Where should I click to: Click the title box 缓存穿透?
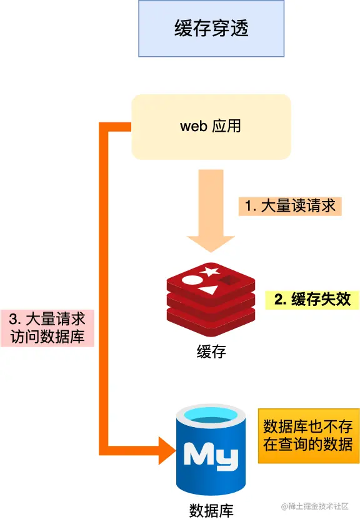pyautogui.click(x=211, y=29)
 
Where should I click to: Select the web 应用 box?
pyautogui.click(x=211, y=127)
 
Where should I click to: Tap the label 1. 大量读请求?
pyautogui.click(x=290, y=206)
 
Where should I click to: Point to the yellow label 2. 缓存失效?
pyautogui.click(x=312, y=299)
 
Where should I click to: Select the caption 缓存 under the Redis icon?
pyautogui.click(x=211, y=351)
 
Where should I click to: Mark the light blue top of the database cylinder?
pyautogui.click(x=211, y=414)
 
